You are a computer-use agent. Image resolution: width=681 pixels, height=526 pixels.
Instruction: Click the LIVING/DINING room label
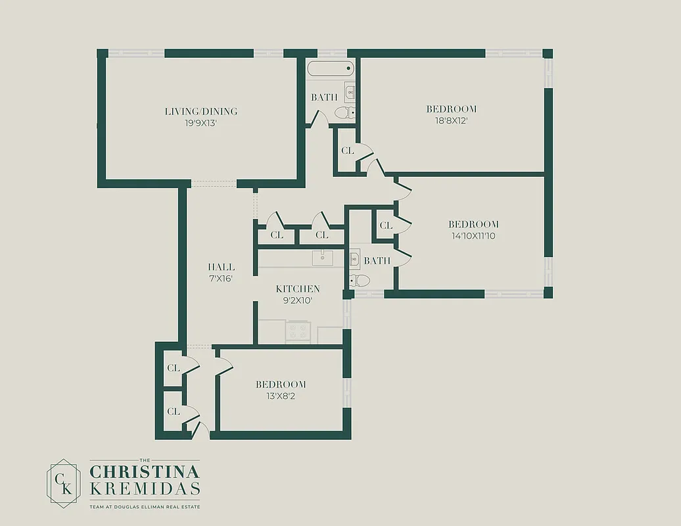[200, 111]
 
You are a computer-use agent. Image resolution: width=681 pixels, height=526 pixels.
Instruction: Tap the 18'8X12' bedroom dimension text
[451, 121]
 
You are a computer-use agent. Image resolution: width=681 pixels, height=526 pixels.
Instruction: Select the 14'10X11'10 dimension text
[473, 235]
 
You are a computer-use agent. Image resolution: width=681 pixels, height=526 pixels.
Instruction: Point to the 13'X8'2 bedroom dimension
[281, 396]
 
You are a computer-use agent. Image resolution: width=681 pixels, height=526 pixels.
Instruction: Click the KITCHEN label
[298, 289]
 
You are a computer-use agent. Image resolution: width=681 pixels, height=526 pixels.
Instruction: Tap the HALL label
[221, 267]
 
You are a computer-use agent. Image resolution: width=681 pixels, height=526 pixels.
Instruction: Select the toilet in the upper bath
[344, 113]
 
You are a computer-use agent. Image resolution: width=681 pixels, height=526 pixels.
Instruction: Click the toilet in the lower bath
[360, 281]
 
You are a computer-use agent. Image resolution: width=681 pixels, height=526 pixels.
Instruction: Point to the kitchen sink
[322, 258]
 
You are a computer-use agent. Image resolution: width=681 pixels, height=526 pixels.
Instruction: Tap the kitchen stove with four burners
[298, 331]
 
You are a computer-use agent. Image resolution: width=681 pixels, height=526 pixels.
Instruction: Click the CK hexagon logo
[63, 481]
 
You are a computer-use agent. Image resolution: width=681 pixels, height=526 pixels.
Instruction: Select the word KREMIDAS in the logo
[145, 490]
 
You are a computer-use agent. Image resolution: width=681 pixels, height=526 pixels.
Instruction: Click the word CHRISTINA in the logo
[145, 471]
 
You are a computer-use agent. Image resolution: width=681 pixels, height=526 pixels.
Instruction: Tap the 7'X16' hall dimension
[221, 278]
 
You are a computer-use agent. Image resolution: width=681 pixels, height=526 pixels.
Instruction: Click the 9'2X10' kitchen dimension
[298, 300]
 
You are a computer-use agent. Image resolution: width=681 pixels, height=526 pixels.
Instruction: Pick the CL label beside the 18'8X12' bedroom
[347, 151]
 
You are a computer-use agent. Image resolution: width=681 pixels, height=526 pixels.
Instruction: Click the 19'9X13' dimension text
[200, 122]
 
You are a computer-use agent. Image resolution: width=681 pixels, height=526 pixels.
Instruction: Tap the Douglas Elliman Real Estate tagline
[145, 507]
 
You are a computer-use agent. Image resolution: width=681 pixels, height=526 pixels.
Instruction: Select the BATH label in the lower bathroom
[377, 261]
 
